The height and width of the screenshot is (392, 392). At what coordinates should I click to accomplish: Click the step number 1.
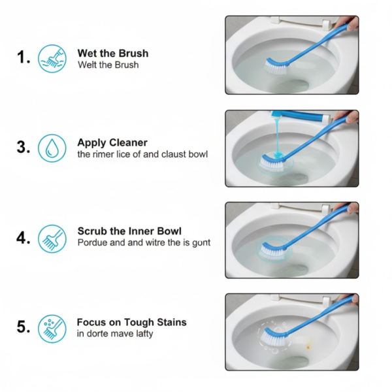[x=24, y=58]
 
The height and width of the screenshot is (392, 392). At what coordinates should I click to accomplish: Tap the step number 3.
[x=24, y=148]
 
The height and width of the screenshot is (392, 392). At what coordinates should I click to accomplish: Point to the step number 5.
[x=24, y=327]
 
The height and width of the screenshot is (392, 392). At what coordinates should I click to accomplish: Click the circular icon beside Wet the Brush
[x=52, y=58]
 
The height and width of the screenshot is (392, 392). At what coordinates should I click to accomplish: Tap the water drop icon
[x=52, y=148]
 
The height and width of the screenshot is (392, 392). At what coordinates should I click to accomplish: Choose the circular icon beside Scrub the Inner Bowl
[x=52, y=238]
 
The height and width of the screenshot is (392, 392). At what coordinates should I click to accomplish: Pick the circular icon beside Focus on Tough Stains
[x=52, y=327]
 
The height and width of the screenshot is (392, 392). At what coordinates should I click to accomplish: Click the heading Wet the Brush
[x=112, y=53]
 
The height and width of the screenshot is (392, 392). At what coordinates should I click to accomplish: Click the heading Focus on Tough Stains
[x=131, y=322]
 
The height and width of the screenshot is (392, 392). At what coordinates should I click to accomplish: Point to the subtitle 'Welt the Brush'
[x=108, y=65]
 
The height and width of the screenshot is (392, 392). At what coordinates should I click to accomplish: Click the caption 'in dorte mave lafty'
[x=115, y=334]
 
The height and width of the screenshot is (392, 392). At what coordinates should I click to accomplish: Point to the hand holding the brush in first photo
[x=351, y=23]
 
